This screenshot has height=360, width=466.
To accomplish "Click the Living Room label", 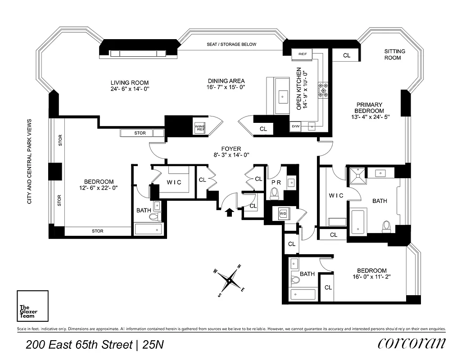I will pos(130,83).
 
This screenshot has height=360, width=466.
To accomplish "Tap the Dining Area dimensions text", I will pos(226,87).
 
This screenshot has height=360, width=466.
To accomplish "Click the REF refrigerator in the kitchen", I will pos(302,54).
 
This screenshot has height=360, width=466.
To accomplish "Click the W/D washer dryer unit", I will pos(283,213).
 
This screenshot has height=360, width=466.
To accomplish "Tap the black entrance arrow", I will pos(229,212).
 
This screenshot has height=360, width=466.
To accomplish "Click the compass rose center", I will pos(229,281).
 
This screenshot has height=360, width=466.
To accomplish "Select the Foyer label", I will pos(231,148).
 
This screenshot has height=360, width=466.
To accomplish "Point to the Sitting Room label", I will pos(394,54).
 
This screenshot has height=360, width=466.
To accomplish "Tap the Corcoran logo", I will pos(412,343).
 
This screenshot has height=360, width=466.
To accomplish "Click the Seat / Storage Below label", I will pos(231,45).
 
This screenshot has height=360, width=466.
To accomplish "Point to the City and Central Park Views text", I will pos(30,161).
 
